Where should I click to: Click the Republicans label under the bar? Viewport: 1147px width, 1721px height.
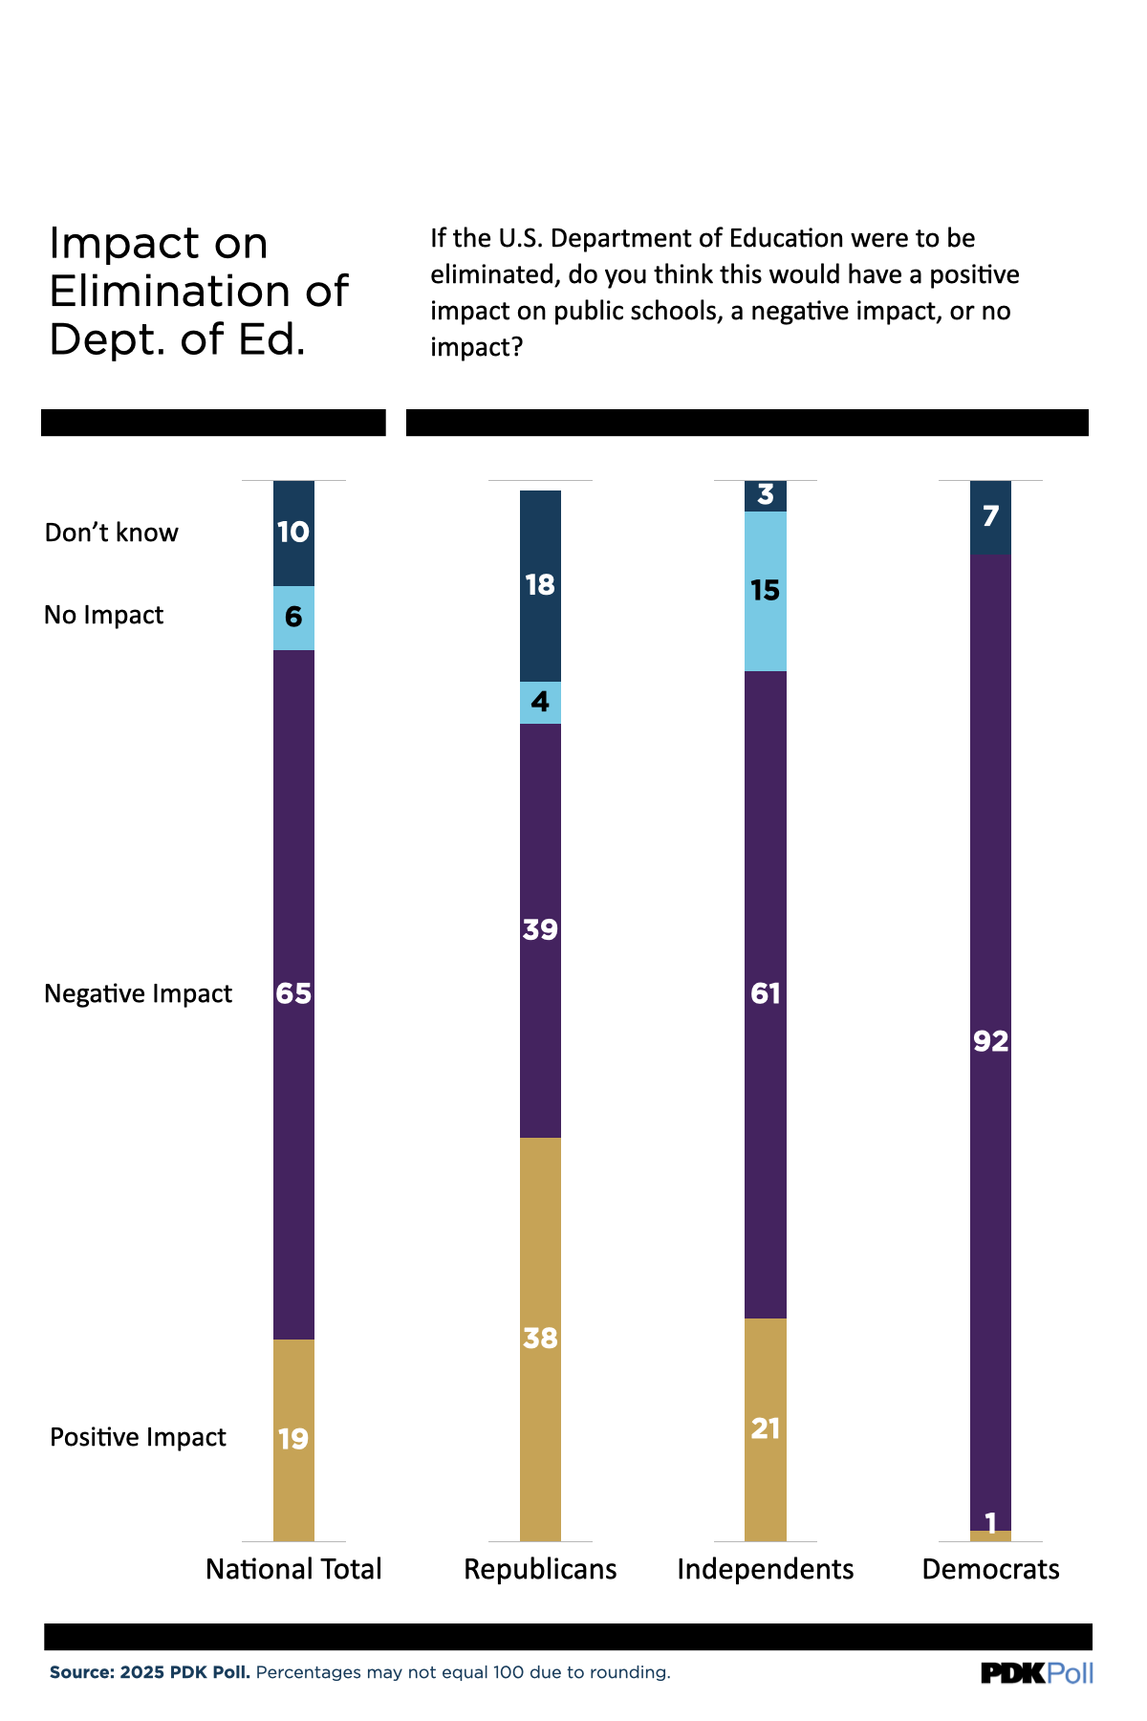(540, 1569)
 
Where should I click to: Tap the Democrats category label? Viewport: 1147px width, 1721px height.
(990, 1569)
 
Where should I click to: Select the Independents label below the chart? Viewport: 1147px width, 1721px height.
(765, 1569)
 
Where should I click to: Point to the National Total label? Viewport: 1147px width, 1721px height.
(293, 1569)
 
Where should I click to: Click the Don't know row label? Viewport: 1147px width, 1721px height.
(112, 533)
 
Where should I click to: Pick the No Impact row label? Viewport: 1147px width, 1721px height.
(104, 615)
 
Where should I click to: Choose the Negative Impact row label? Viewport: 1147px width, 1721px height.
(139, 994)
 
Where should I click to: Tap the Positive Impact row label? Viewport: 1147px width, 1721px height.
(139, 1437)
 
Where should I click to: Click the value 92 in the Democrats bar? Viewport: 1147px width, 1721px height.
(990, 1040)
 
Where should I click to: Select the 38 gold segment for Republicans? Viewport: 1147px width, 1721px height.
(540, 1338)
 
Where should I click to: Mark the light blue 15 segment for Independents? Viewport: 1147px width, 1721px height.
(765, 591)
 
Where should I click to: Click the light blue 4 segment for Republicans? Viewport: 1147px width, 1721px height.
(540, 702)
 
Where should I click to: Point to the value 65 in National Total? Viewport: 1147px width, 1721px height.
(293, 994)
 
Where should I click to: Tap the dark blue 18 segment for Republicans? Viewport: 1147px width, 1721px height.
(540, 584)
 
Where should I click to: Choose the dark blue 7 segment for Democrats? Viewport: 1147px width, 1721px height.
(990, 516)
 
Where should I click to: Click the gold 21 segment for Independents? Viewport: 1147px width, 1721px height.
(765, 1428)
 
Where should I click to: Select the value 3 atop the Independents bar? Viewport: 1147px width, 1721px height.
(765, 495)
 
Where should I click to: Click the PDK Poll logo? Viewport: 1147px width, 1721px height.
(1036, 1673)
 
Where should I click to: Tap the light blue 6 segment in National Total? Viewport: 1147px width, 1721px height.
(293, 618)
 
